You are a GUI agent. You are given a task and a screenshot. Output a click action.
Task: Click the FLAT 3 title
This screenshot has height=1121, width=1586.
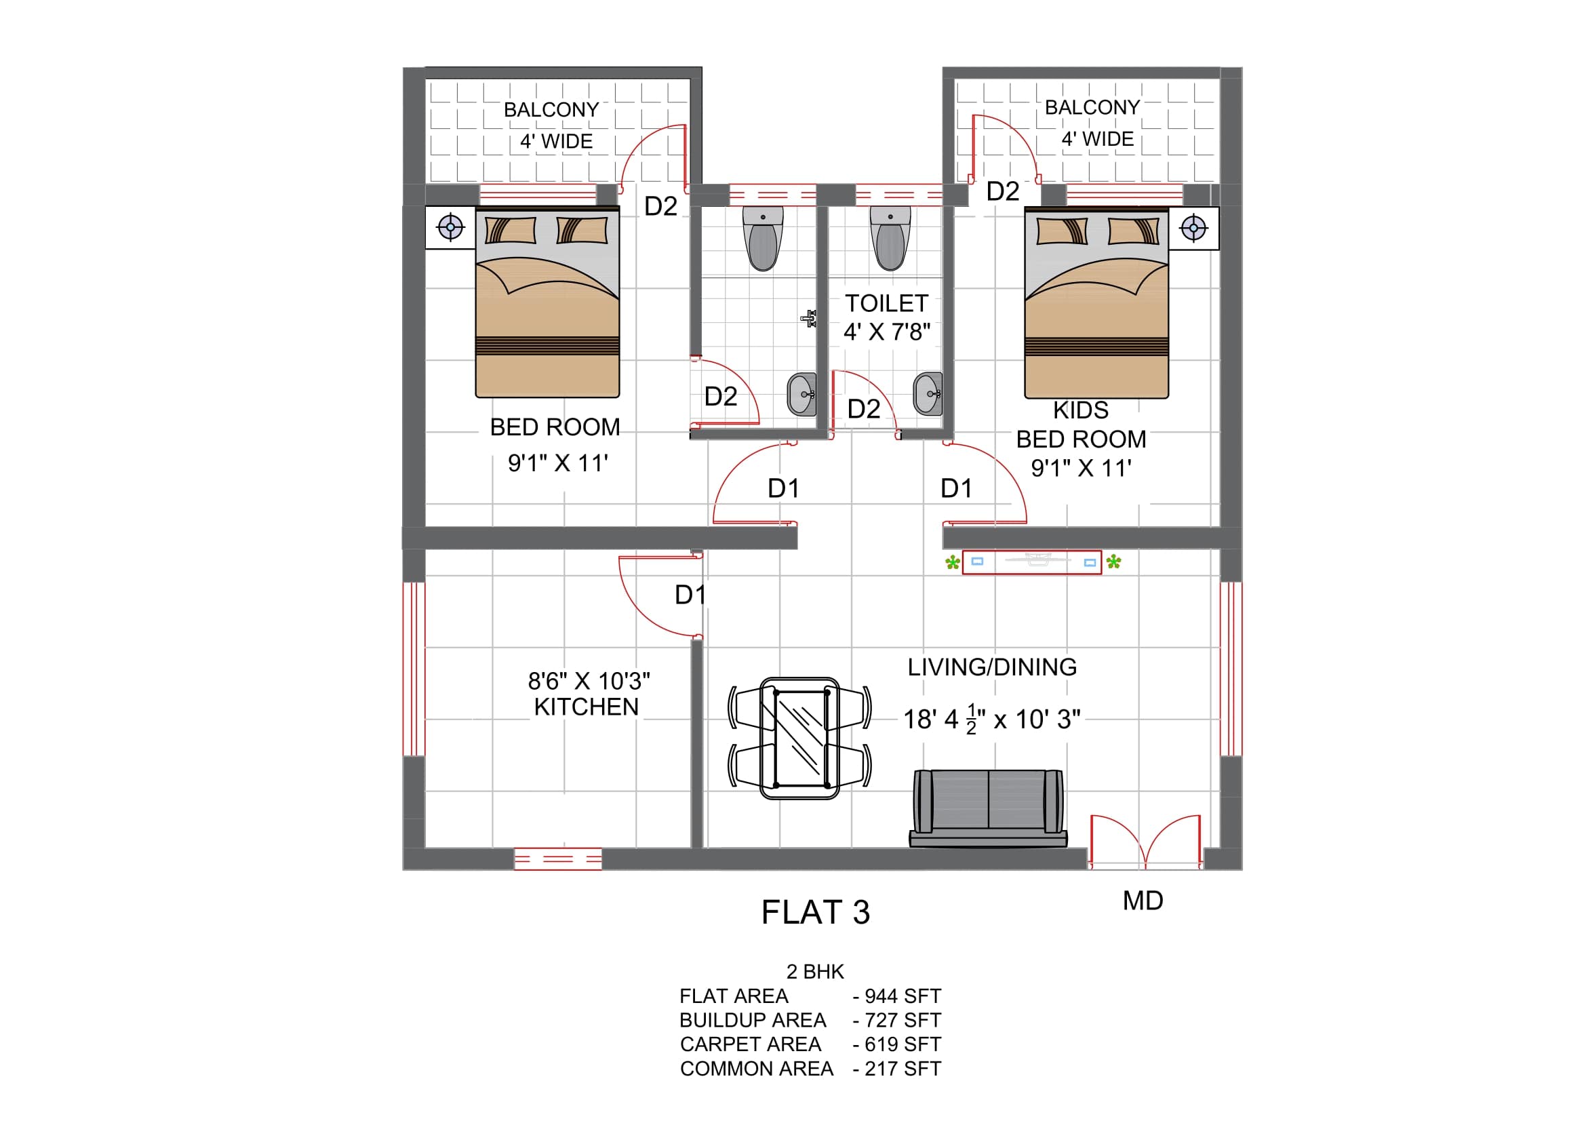(x=815, y=912)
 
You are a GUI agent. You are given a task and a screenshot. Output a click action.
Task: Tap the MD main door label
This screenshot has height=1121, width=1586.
(x=1143, y=901)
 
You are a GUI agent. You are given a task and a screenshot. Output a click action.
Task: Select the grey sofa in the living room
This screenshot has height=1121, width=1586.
(x=988, y=808)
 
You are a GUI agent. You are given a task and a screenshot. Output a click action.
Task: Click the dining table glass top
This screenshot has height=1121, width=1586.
(x=801, y=739)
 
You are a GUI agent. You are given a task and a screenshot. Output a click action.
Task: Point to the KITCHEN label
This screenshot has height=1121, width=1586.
(x=587, y=707)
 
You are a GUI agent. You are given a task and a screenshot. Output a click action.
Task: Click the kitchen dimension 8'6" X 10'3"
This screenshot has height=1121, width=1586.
(x=589, y=681)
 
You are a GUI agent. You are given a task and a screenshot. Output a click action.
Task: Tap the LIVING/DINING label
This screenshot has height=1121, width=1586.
(x=992, y=667)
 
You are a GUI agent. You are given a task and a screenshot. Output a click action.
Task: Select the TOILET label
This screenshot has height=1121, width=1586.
(x=886, y=303)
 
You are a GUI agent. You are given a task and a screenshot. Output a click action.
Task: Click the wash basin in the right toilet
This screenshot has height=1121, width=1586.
(x=928, y=394)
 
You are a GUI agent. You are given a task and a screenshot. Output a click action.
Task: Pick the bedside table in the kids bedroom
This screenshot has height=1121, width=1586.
(x=1193, y=228)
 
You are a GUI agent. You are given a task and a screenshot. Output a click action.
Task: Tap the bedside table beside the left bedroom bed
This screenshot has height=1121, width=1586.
(x=450, y=227)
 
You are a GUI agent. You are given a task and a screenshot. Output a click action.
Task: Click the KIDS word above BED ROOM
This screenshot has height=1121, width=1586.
(x=1080, y=410)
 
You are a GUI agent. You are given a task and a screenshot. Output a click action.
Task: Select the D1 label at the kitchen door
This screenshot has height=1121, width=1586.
(x=690, y=595)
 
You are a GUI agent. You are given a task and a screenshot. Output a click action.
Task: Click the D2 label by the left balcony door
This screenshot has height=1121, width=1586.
(x=660, y=207)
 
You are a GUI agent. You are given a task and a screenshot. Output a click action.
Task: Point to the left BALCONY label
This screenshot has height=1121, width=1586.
(x=551, y=110)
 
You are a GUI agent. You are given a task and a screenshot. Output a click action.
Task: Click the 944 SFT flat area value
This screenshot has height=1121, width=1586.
(x=903, y=996)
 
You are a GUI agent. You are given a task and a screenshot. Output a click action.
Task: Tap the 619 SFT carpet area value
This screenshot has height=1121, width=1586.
(x=903, y=1044)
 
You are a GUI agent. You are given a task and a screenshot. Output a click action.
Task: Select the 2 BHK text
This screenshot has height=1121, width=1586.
(x=815, y=972)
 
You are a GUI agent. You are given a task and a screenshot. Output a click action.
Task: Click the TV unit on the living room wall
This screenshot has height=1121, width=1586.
(x=1032, y=562)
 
